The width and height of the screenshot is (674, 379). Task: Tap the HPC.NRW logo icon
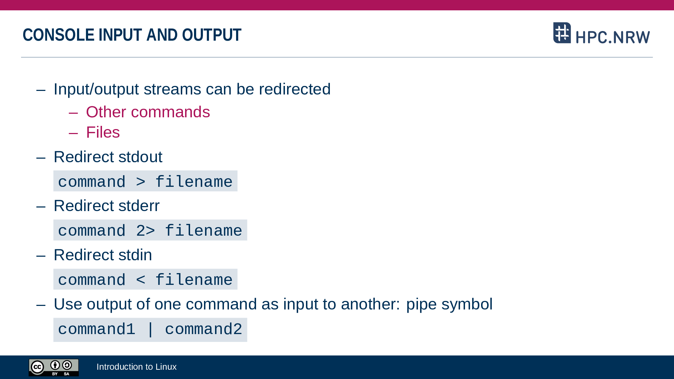point(562,33)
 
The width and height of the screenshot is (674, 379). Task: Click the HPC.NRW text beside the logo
point(613,37)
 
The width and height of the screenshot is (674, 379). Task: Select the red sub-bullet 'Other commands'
point(148,112)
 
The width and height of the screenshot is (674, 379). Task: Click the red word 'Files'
point(103,132)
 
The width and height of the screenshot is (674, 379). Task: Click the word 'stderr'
point(139,206)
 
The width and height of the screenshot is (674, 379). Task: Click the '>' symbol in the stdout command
point(141,182)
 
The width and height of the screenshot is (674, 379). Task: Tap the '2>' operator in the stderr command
point(145,231)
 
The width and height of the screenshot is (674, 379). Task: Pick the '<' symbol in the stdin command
point(141,280)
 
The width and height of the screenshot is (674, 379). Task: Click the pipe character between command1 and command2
point(150,329)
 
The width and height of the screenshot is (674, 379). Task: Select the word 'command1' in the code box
point(97,329)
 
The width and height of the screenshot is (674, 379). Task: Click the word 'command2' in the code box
point(204,329)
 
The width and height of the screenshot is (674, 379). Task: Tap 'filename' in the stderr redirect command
point(204,230)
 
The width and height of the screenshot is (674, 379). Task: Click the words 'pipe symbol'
point(449,304)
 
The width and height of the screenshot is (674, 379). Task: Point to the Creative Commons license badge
point(53,367)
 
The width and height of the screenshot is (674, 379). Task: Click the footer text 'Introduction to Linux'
point(137,367)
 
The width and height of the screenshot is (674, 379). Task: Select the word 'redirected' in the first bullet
point(295,89)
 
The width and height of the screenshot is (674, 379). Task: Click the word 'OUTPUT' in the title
point(212,35)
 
